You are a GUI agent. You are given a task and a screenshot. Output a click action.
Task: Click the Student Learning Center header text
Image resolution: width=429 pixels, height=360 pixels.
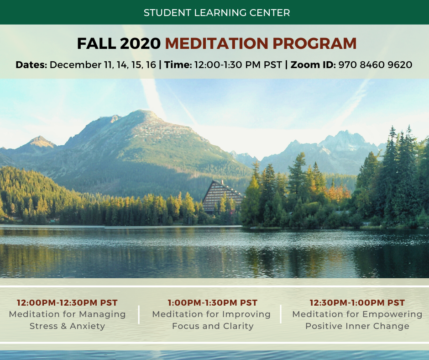coord(217,13)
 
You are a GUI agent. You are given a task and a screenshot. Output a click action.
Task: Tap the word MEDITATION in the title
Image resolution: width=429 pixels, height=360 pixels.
coord(216,43)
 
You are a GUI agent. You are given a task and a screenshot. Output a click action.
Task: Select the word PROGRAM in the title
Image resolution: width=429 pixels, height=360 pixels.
coord(314,43)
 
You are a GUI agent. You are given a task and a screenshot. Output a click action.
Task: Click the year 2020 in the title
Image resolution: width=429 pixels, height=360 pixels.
coord(140,43)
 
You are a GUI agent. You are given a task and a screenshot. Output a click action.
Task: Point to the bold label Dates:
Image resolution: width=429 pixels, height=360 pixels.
coord(31,65)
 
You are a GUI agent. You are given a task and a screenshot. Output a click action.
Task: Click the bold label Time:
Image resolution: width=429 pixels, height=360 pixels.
coord(178,65)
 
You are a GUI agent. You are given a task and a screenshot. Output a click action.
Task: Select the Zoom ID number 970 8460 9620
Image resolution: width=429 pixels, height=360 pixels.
coord(375,65)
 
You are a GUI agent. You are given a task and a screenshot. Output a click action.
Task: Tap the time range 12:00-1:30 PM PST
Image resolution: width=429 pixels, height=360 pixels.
coord(238,65)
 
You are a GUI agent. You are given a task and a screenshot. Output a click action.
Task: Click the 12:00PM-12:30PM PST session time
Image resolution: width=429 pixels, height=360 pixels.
coord(67,303)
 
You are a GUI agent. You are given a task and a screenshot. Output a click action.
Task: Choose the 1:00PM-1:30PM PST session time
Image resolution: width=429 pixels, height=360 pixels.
coord(213,303)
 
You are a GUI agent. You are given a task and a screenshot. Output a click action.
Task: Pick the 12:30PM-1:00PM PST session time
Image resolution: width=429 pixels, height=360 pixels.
coord(357,303)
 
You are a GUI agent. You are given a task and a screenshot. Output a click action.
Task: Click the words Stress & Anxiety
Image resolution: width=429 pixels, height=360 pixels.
coord(67,326)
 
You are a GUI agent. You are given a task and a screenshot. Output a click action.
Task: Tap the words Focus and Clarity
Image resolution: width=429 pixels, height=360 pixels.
coord(213,326)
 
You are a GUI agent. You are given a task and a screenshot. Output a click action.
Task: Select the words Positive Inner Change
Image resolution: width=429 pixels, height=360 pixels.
coord(357,326)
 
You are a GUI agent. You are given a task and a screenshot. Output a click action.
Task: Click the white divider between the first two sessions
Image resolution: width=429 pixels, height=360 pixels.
coord(139,314)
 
